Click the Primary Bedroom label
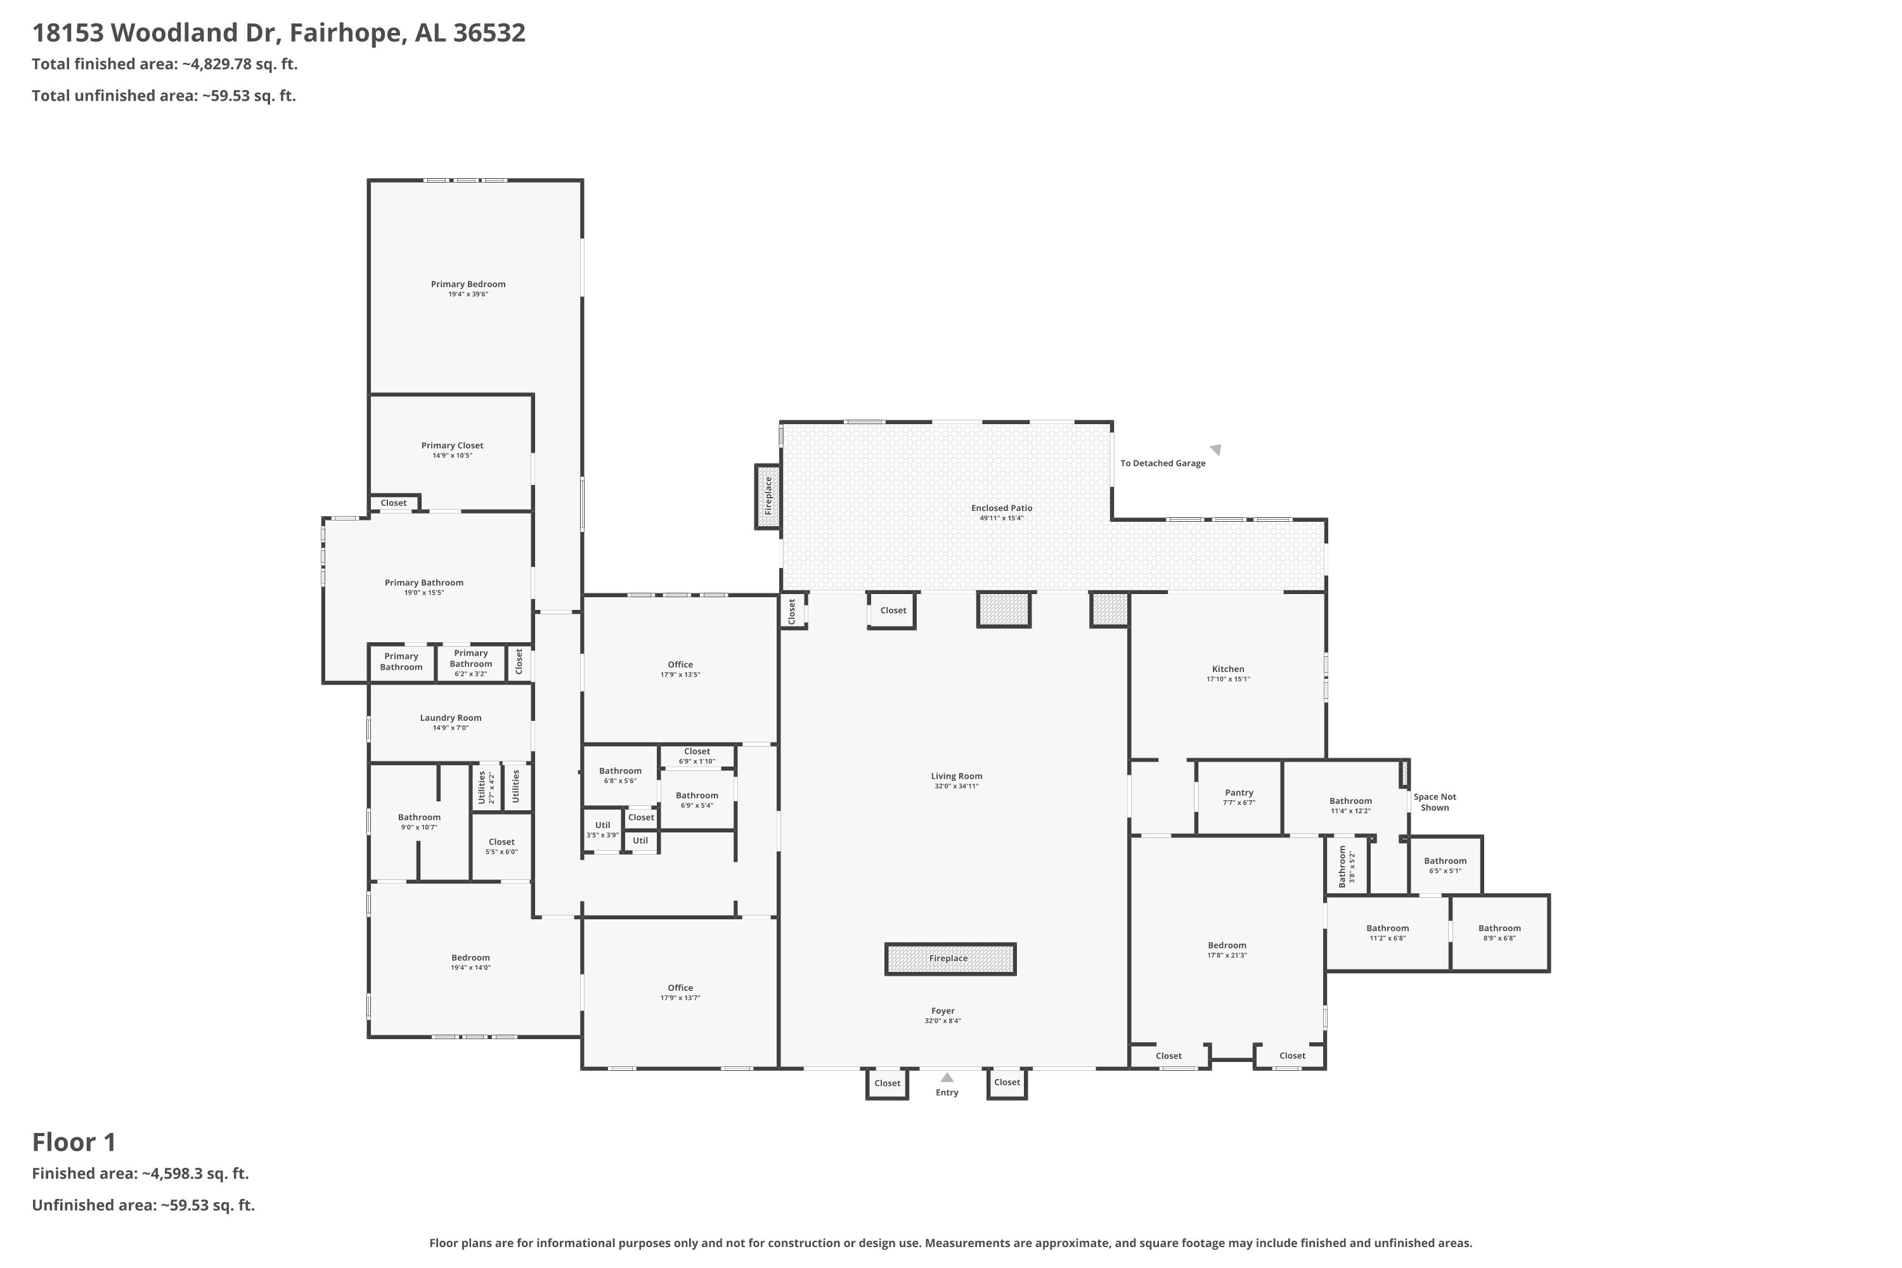tap(469, 285)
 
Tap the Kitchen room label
tap(1227, 669)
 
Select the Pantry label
tap(1239, 792)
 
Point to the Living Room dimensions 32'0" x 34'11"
tap(956, 786)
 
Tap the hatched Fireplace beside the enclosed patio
tap(768, 496)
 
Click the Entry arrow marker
tap(947, 1077)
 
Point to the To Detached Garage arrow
tap(1215, 450)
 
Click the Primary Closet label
tap(452, 446)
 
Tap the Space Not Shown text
tap(1435, 802)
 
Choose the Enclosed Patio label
tap(1001, 508)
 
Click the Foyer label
tap(943, 1011)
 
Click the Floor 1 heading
tap(74, 1142)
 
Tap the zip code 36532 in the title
tap(489, 33)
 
